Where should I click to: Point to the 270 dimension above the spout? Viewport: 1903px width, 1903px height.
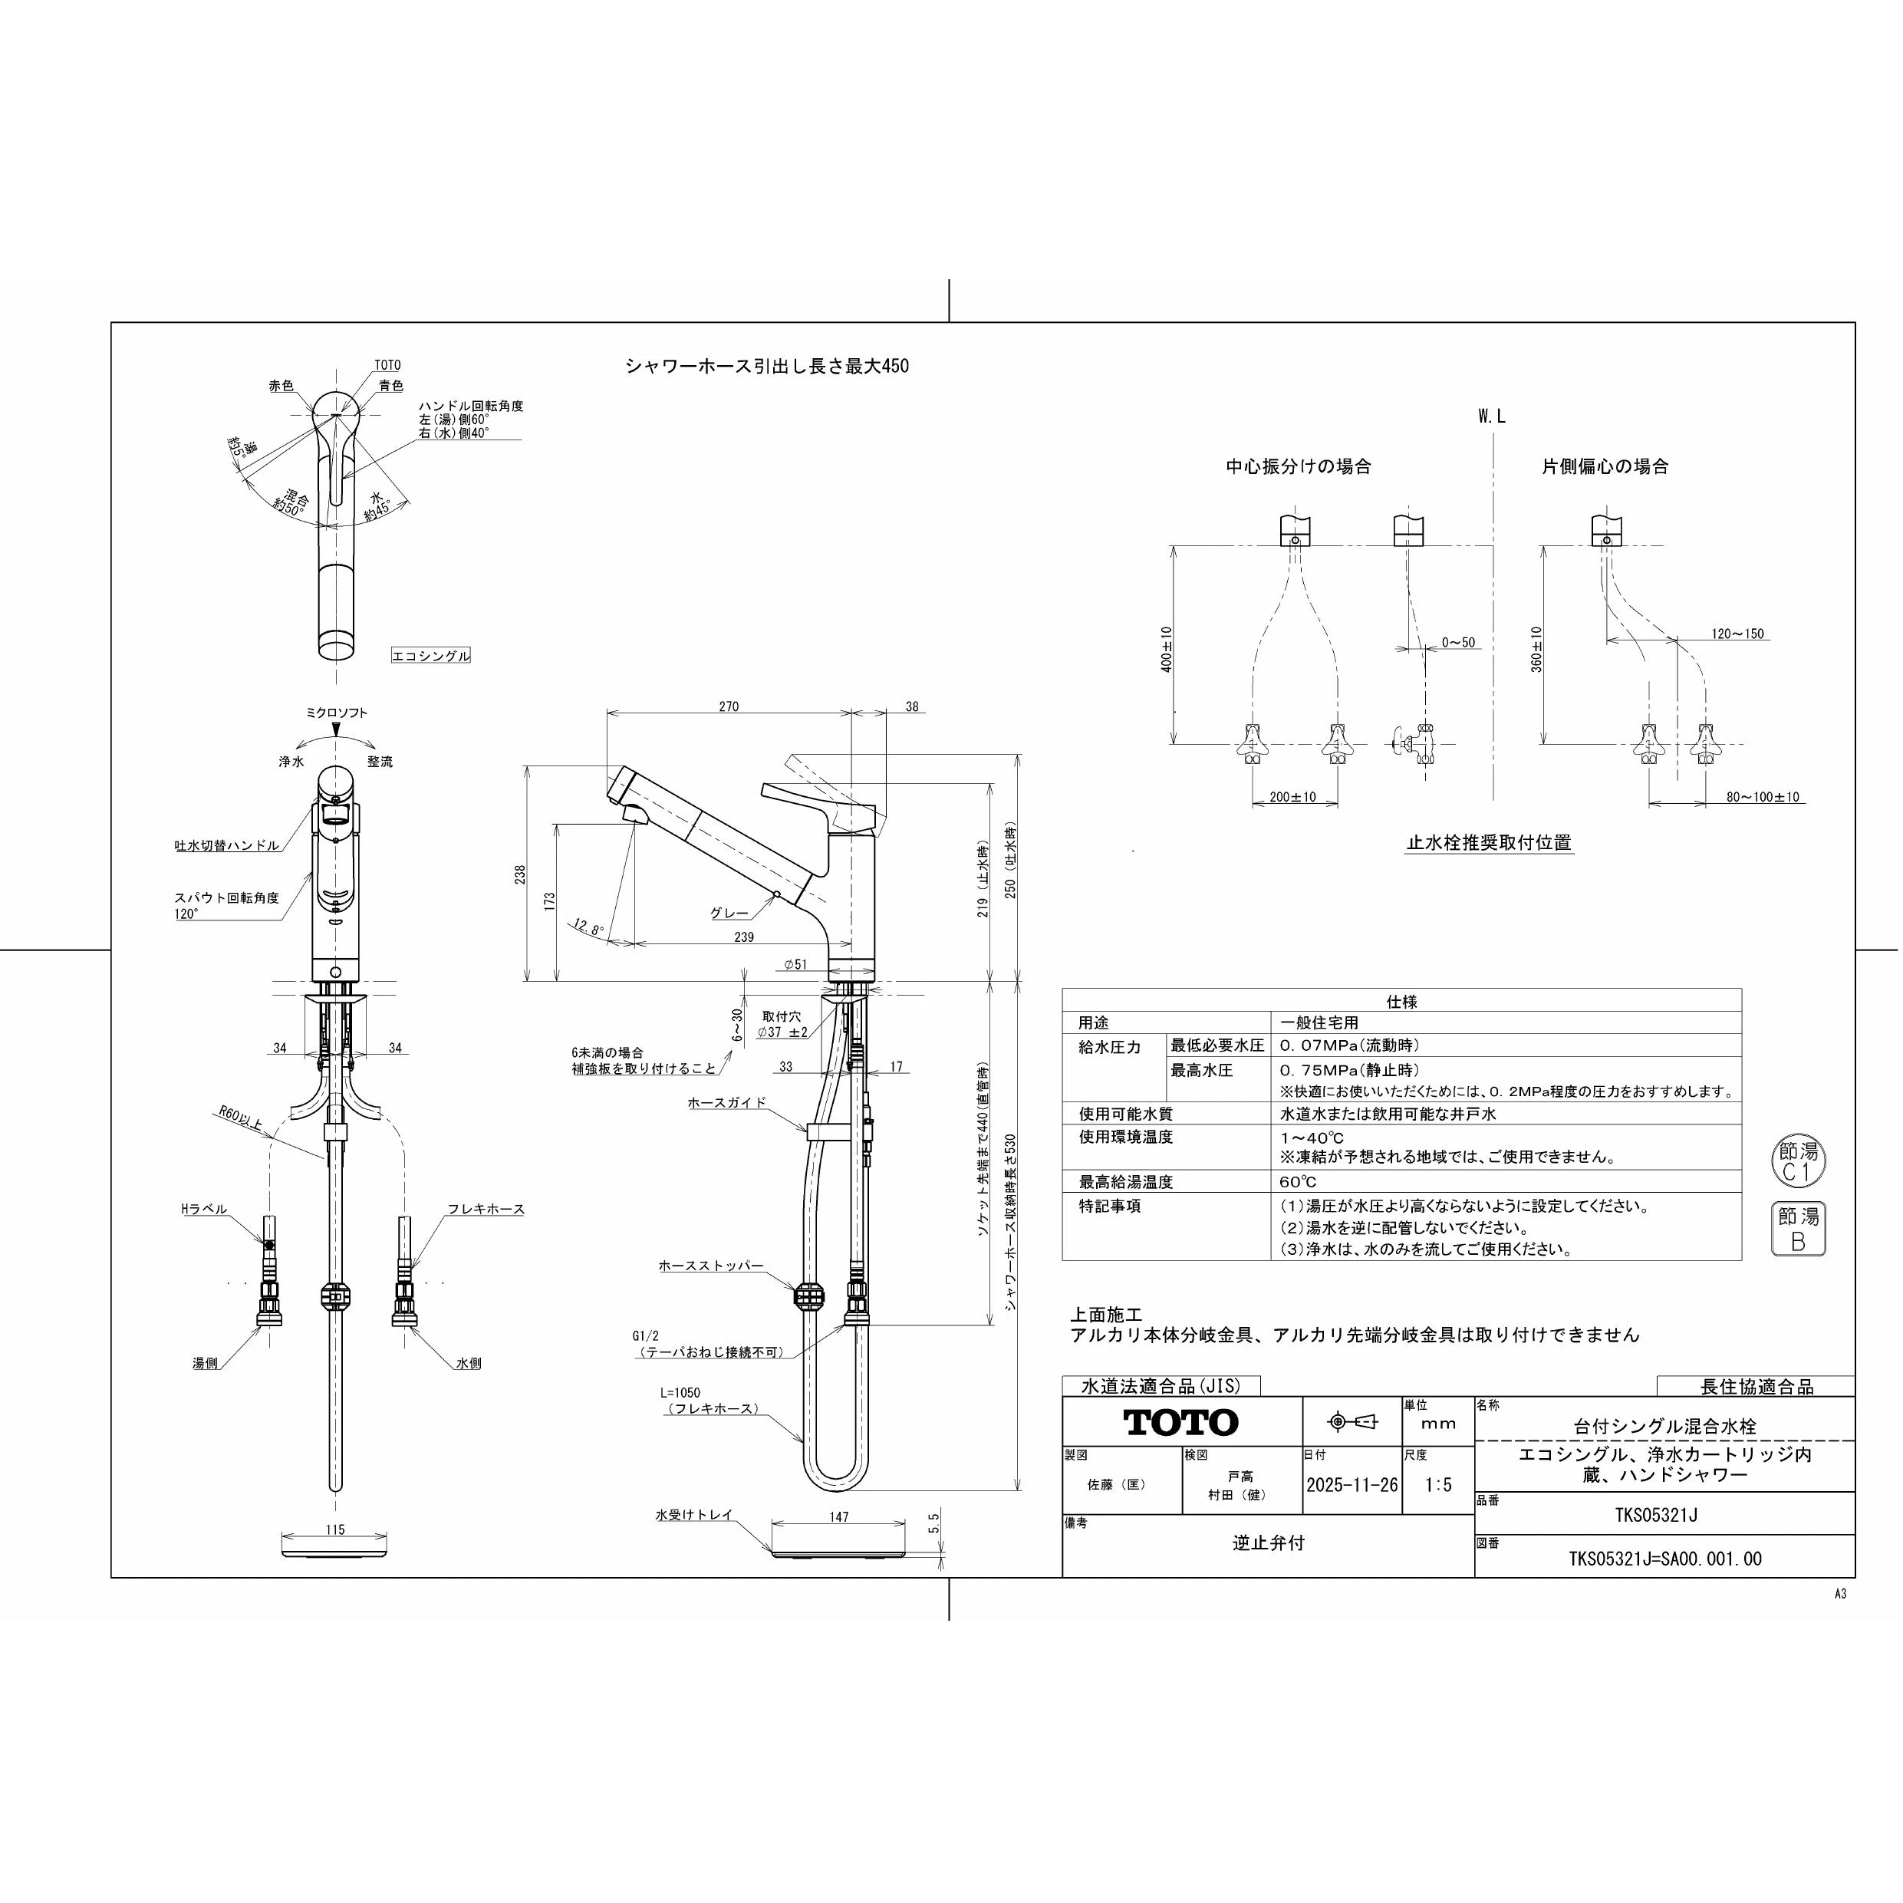pos(729,706)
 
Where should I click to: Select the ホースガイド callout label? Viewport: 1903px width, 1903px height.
pos(727,1103)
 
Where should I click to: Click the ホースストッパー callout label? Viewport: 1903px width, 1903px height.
pos(711,1266)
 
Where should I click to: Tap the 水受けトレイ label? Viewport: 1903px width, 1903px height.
pos(694,1515)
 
